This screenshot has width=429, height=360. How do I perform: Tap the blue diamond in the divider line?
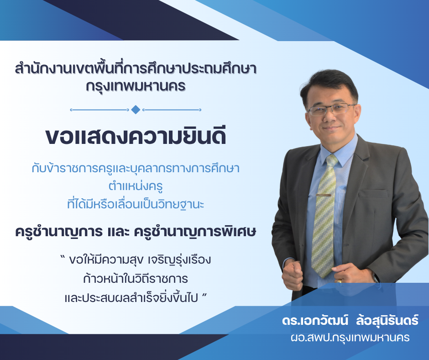[136, 110]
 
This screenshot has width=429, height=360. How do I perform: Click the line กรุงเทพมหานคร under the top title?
[136, 87]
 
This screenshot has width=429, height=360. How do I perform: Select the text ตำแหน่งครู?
[136, 186]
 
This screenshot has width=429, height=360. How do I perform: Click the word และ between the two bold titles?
[118, 232]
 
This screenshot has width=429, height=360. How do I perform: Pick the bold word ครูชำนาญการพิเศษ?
[195, 232]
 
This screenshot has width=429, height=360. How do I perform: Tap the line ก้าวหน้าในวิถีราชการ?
[136, 278]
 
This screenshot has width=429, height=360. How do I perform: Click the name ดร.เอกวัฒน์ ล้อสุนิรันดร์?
[350, 320]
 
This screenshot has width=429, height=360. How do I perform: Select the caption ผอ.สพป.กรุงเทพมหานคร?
[350, 338]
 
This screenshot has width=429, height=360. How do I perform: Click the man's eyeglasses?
[332, 109]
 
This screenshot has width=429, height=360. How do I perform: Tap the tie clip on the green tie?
[324, 195]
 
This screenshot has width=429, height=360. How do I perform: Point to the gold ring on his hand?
[339, 281]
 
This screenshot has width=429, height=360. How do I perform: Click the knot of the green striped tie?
[332, 160]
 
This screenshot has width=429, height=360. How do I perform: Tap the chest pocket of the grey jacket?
[374, 193]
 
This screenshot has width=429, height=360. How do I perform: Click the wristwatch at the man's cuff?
[375, 277]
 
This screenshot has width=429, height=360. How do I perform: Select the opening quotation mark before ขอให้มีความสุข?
[63, 257]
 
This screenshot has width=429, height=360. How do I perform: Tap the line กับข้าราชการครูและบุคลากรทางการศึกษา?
[136, 168]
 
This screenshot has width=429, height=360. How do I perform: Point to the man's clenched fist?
[293, 275]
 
